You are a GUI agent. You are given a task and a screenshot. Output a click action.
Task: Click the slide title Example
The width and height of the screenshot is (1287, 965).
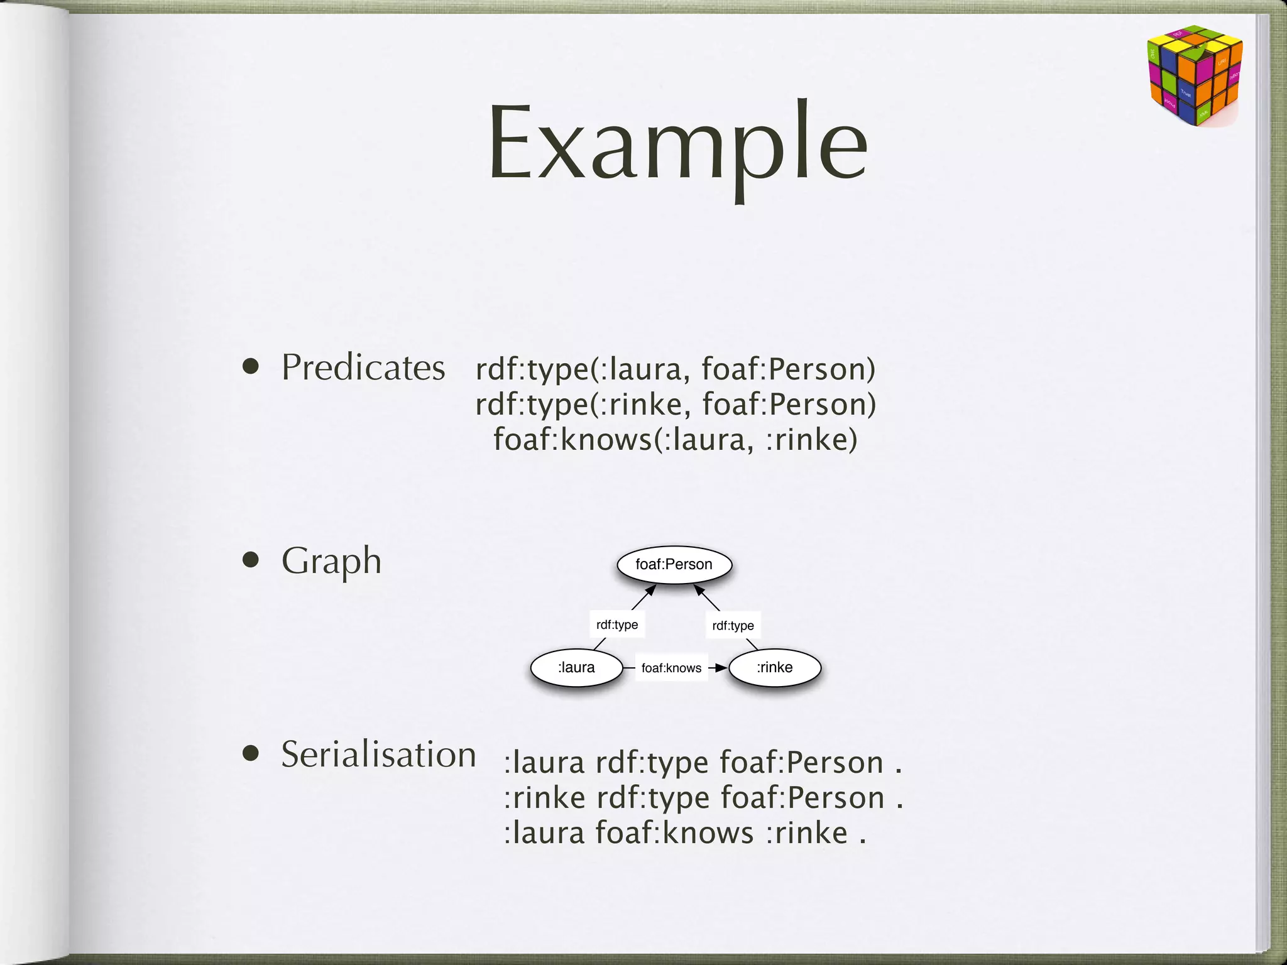pos(677,144)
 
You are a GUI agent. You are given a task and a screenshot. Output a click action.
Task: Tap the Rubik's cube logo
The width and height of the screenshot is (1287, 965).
pos(1195,75)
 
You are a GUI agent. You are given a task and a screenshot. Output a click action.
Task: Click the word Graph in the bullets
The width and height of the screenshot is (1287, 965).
pos(331,560)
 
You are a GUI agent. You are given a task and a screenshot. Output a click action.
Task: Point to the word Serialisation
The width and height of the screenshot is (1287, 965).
pos(378,754)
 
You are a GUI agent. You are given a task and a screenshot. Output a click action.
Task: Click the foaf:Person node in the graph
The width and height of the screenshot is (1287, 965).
pos(674,564)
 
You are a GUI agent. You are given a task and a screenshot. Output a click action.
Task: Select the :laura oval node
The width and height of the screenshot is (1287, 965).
pos(576,667)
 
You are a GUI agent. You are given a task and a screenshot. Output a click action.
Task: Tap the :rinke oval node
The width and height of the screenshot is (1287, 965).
pos(774,667)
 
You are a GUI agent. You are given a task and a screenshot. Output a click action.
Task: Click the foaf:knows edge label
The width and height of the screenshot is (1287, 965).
pos(671,668)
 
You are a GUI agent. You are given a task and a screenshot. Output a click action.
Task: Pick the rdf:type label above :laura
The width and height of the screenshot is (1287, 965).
pos(617,624)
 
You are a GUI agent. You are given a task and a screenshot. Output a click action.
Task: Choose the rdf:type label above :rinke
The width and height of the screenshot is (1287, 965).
pos(733,625)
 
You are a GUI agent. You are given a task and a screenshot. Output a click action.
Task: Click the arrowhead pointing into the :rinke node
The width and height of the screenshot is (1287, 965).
pos(721,668)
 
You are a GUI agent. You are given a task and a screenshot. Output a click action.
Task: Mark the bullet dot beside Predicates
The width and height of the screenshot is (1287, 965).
pos(251,367)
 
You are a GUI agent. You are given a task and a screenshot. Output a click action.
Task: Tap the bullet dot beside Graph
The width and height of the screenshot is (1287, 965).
pos(251,560)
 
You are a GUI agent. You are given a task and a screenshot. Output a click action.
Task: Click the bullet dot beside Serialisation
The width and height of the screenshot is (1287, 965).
pos(251,753)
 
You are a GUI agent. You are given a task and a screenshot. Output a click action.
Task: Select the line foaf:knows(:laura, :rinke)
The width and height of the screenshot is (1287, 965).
pos(675,439)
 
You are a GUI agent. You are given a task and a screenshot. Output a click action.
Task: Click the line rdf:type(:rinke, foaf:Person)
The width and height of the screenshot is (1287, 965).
pos(676,404)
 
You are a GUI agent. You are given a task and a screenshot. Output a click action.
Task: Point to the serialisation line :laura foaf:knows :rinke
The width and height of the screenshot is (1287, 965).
pos(685,833)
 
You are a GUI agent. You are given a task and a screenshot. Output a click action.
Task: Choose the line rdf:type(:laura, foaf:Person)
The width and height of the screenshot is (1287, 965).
pos(676,369)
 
